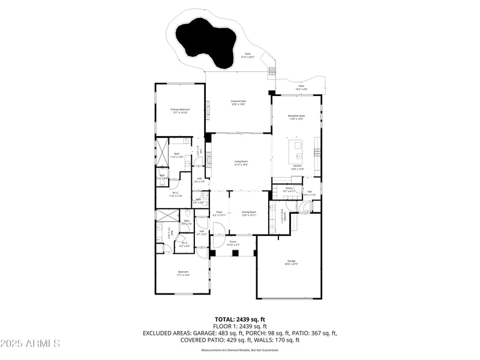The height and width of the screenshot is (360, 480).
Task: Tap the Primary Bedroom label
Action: pyautogui.click(x=180, y=111)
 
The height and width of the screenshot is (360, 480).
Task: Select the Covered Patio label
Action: pyautogui.click(x=239, y=103)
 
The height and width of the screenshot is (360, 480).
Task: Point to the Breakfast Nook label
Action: pyautogui.click(x=296, y=117)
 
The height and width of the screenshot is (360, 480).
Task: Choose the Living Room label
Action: pyautogui.click(x=241, y=163)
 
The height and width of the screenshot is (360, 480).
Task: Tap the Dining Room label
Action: pyautogui.click(x=249, y=213)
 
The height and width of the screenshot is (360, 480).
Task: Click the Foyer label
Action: pyautogui.click(x=220, y=213)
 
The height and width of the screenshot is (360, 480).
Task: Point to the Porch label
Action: pyautogui.click(x=233, y=243)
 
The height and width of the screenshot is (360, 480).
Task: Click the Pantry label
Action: pyautogui.click(x=289, y=189)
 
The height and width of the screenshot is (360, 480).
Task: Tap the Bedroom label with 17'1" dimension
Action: pyautogui.click(x=183, y=274)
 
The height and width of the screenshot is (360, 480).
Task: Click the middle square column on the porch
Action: pyautogui.click(x=235, y=253)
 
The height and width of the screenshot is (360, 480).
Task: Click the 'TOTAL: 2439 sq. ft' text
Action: pyautogui.click(x=240, y=319)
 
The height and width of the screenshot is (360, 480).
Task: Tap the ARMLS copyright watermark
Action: pyautogui.click(x=30, y=344)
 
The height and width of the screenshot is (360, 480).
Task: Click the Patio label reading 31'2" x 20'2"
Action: pyautogui.click(x=247, y=55)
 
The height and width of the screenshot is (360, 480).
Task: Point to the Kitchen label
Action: pyautogui.click(x=297, y=168)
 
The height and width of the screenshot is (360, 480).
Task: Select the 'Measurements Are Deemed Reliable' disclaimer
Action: pyautogui.click(x=240, y=350)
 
